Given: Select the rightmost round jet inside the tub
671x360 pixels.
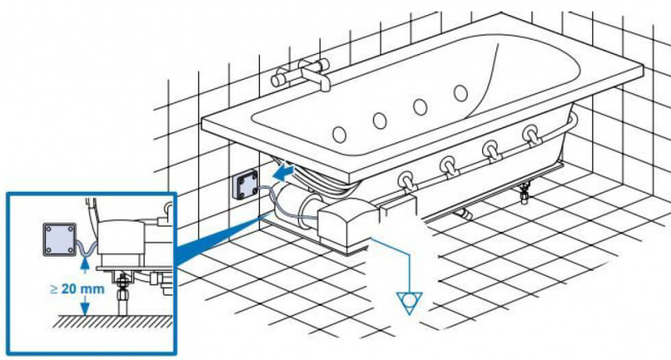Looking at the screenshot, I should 460,92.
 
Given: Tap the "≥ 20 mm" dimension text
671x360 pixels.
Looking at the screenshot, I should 77,288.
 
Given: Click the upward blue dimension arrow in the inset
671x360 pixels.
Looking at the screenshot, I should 82,263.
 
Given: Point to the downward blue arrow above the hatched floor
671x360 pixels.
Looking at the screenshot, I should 82,306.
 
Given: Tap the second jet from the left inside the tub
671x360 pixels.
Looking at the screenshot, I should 379,120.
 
